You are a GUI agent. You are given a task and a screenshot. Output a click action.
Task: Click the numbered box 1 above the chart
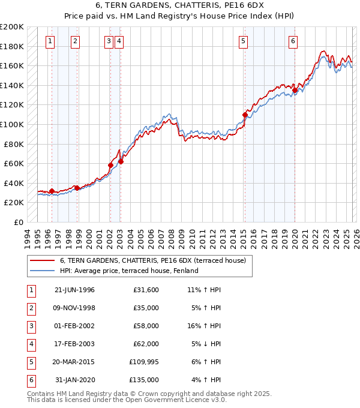[x=49, y=41]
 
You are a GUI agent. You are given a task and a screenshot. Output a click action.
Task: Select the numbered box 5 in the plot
[x=243, y=41]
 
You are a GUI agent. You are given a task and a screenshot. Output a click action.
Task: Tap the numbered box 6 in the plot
[x=293, y=41]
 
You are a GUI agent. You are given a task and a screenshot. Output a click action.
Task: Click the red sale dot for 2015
[x=245, y=115]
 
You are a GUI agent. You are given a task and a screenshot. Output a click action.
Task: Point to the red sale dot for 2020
[x=295, y=91]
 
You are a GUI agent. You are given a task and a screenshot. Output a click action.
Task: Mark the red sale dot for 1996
[x=52, y=191]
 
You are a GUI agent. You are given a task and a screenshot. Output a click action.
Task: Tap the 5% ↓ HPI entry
[x=207, y=344]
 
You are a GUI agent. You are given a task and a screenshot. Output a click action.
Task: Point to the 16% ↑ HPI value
[x=205, y=326]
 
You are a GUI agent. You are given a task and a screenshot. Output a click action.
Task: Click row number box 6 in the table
[x=29, y=380]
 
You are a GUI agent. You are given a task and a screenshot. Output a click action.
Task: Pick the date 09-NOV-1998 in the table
[x=74, y=308]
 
